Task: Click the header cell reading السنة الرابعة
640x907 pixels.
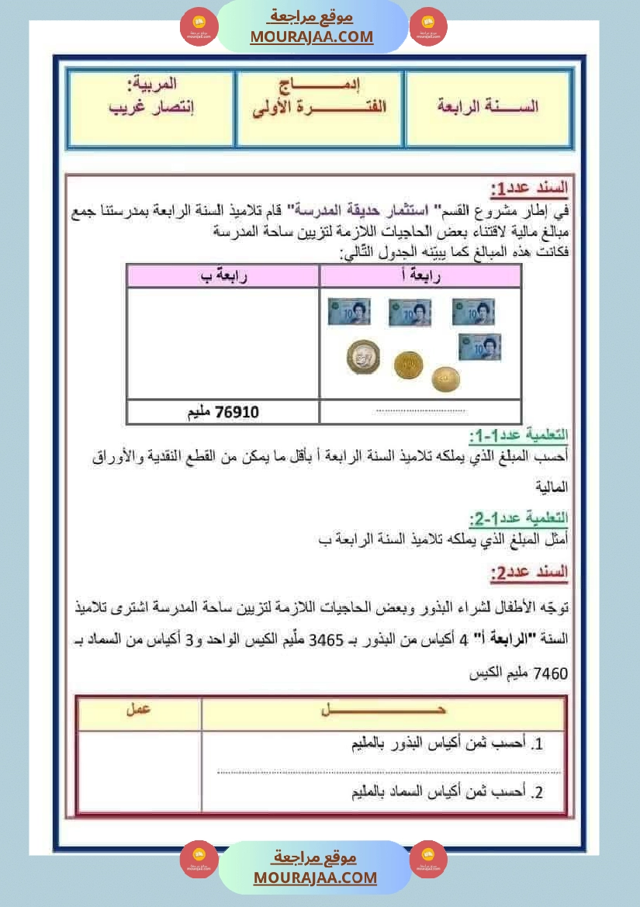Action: tap(488, 108)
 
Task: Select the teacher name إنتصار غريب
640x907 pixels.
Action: tap(150, 108)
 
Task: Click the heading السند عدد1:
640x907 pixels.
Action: tap(530, 189)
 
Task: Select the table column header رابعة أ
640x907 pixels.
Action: tap(419, 276)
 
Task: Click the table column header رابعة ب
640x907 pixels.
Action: tap(223, 276)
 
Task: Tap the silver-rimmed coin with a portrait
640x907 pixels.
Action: tap(362, 357)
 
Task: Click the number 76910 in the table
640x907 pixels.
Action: tap(238, 411)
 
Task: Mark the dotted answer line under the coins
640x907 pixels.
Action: tap(420, 410)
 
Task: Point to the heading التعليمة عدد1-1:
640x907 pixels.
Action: tap(518, 435)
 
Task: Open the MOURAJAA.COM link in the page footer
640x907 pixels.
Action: tap(315, 878)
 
